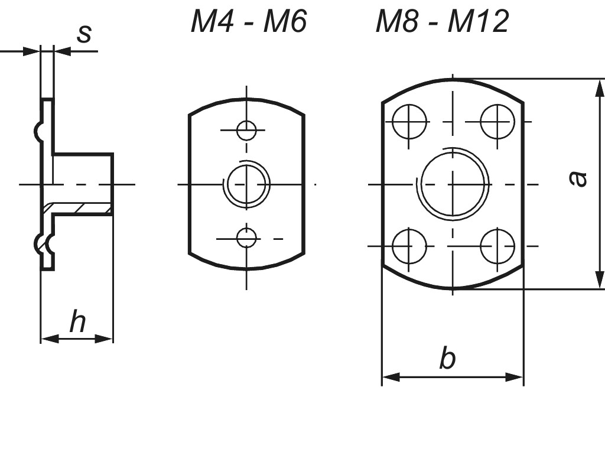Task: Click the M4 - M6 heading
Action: click(x=249, y=22)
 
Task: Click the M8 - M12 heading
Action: click(x=442, y=22)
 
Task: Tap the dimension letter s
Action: click(x=84, y=34)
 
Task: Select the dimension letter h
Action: click(x=77, y=322)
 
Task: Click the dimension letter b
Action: click(x=447, y=359)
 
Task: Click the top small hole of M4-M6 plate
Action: click(x=246, y=130)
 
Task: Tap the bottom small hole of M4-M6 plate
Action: click(x=246, y=238)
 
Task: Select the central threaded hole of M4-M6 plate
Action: click(x=248, y=184)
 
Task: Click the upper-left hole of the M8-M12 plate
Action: click(x=409, y=122)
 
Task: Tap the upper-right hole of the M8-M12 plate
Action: click(x=497, y=122)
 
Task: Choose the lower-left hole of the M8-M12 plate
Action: click(x=409, y=246)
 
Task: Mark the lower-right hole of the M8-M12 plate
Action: click(x=497, y=246)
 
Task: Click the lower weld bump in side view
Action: click(x=40, y=243)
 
